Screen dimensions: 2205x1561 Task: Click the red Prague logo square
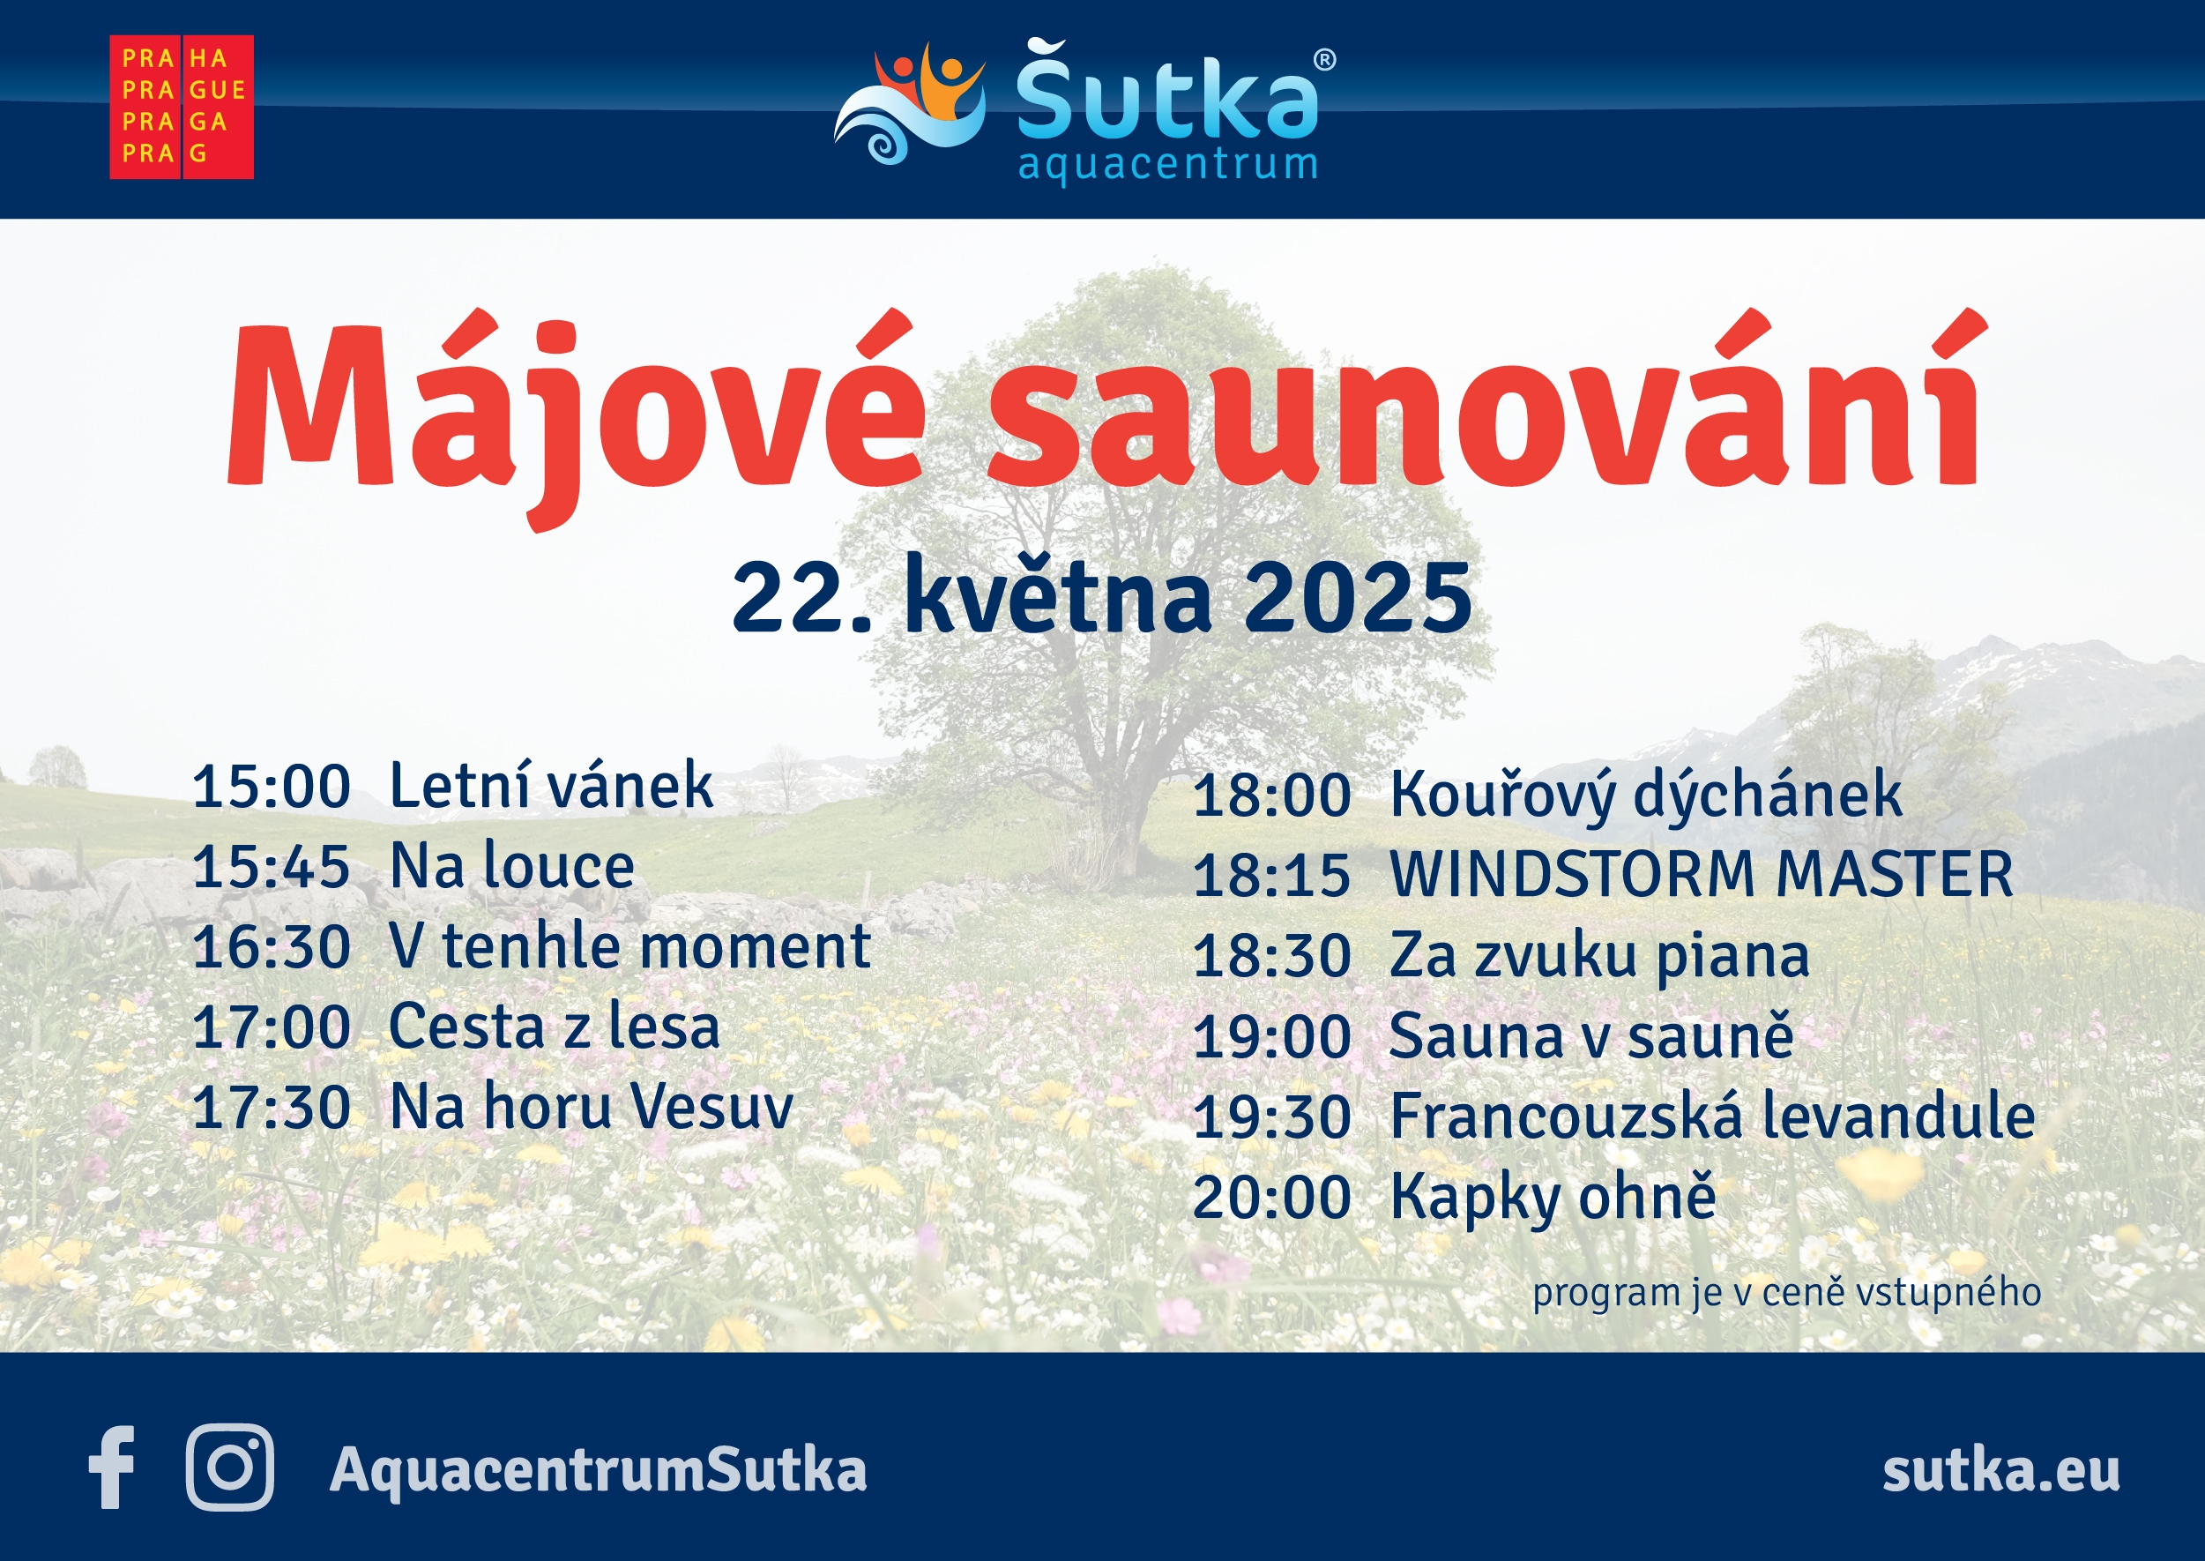click(182, 107)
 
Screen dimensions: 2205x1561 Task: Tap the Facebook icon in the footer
click(111, 1468)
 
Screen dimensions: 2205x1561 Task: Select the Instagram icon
click(229, 1468)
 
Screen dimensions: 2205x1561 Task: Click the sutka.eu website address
click(2001, 1469)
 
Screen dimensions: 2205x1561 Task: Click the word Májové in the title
click(577, 420)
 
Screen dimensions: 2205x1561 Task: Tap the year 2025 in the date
click(1358, 598)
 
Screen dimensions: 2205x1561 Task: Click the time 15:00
click(271, 788)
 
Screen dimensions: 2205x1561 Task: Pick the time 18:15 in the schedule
click(1271, 876)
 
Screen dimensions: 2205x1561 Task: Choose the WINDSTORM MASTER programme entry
click(1702, 874)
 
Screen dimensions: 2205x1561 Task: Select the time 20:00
click(1271, 1198)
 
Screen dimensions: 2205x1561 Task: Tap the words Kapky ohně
click(1553, 1198)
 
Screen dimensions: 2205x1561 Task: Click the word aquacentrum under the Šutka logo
click(1167, 164)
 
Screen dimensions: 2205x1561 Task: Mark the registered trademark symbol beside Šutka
click(1324, 60)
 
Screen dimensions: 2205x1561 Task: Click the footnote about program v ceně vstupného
click(1786, 1293)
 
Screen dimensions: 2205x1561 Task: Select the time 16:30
click(271, 948)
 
